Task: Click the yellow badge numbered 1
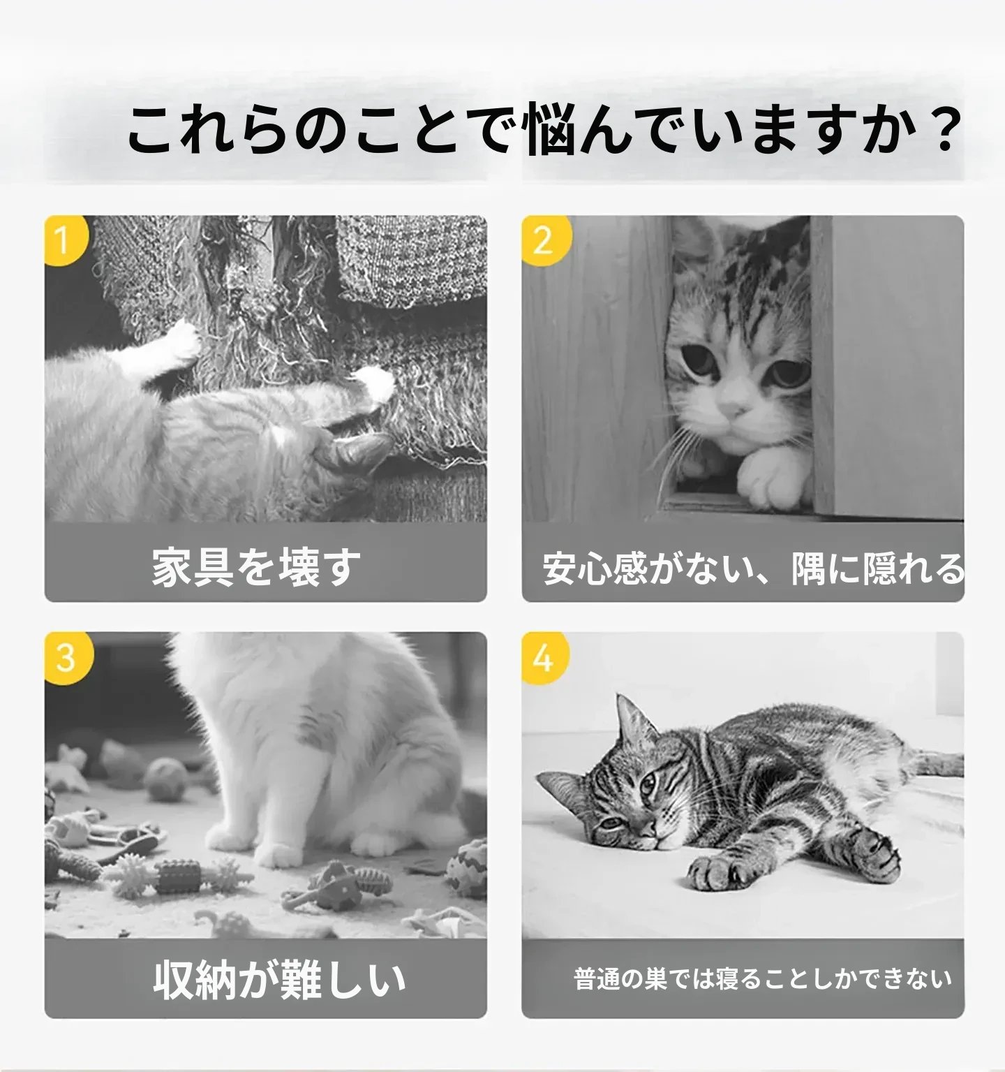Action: (x=65, y=240)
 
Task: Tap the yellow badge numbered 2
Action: (x=544, y=240)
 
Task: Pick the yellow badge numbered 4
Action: (x=544, y=657)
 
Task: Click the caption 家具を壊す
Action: (x=257, y=566)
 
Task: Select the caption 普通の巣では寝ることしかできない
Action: (x=763, y=978)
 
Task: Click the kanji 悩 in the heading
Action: (x=551, y=129)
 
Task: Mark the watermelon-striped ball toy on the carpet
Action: (x=464, y=869)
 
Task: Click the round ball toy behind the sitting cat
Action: (x=166, y=779)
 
